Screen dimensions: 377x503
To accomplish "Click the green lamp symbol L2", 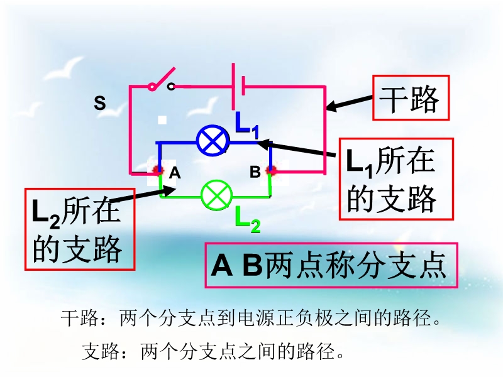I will tap(216, 195).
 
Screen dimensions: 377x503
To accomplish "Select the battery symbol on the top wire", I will tap(238, 85).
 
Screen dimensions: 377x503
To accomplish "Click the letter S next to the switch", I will tap(99, 104).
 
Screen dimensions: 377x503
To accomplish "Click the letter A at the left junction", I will tap(175, 173).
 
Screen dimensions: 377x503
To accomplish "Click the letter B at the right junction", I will tap(255, 172).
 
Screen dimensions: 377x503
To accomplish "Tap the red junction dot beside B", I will tap(272, 170).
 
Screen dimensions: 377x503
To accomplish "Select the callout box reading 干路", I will tap(411, 98).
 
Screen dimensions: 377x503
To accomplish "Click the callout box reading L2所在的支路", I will tap(80, 229).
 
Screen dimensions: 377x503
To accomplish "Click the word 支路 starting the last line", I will tap(97, 350).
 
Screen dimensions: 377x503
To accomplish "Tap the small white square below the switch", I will tap(162, 119).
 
